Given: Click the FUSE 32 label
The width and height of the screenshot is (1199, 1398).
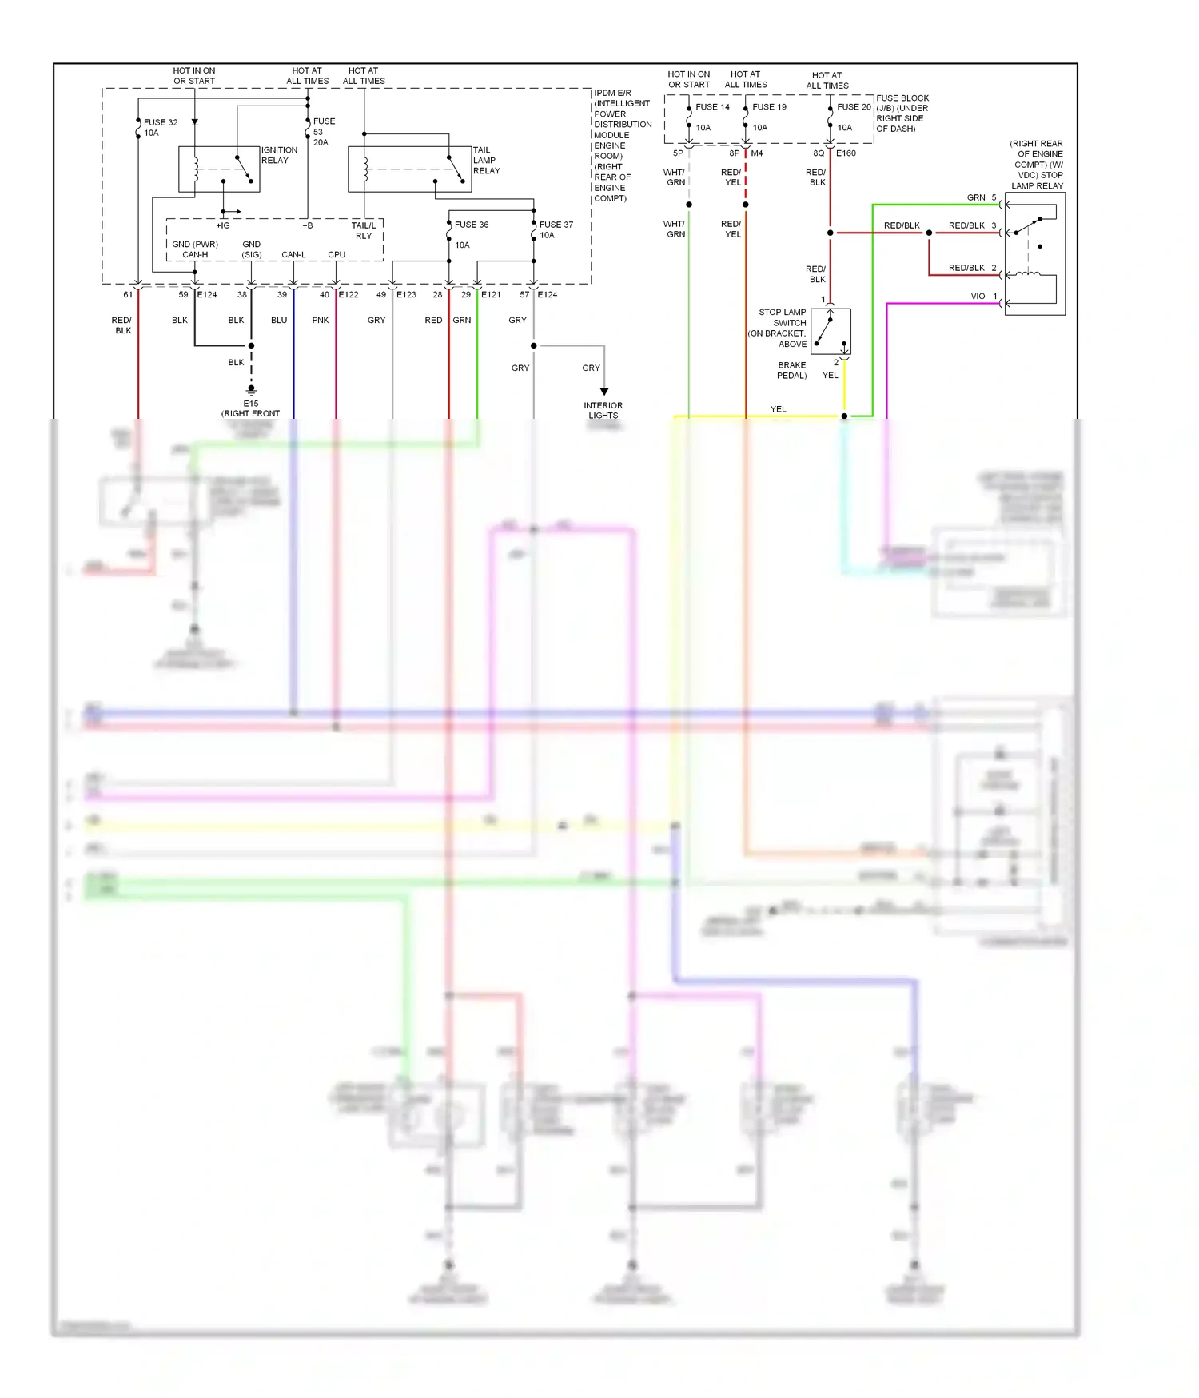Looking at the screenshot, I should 161,122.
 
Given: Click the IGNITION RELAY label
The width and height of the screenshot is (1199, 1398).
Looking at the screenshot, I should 279,155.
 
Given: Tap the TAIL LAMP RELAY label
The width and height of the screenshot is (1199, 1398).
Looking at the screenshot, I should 486,160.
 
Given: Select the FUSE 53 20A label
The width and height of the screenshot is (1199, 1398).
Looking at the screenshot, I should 323,132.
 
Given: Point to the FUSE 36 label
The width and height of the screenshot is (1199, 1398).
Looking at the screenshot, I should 471,225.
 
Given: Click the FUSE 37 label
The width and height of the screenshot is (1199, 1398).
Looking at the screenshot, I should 556,225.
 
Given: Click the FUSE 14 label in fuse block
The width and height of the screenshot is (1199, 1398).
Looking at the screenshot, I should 712,106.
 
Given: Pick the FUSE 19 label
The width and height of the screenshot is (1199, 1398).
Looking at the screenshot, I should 769,106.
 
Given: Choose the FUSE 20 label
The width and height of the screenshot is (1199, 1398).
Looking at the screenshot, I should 854,106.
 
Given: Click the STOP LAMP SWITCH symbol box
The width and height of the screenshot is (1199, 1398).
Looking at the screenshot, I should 831,332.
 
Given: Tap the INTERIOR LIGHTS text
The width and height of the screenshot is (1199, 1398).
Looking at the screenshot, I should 603,410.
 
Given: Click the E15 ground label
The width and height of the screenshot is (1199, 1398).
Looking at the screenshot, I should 251,404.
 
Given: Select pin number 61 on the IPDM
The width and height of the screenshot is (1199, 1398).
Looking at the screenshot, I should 128,294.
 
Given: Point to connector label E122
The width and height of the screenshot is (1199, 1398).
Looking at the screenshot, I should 349,294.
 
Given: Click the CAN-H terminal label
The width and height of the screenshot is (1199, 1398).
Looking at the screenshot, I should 195,255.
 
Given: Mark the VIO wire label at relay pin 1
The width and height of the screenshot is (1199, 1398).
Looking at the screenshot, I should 978,296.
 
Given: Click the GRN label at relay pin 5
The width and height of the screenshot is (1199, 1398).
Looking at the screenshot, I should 976,197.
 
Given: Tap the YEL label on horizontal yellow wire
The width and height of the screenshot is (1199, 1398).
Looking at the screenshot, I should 778,409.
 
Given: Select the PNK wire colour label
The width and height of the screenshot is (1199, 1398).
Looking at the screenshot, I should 321,320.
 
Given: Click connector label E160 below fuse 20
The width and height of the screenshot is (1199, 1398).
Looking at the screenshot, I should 846,153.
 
